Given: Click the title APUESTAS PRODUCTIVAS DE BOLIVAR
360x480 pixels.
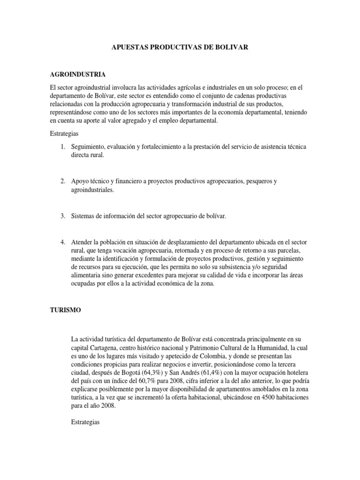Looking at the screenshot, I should (180, 47).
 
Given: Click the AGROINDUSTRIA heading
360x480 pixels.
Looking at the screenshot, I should (77, 75).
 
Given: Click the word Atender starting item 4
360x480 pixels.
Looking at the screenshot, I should (82, 242).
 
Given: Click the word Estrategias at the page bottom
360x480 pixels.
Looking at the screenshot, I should (85, 422).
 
